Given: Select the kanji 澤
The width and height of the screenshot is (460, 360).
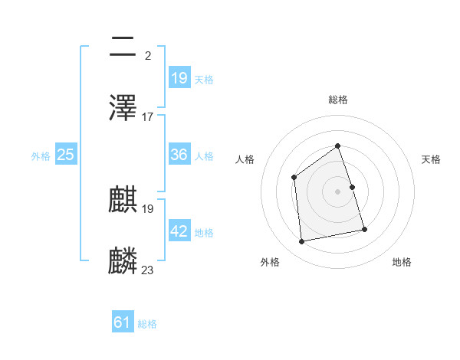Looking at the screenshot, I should click(x=123, y=106).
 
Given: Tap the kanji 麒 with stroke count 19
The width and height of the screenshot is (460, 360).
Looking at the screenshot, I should click(x=123, y=200).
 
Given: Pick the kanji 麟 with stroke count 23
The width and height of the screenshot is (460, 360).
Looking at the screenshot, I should click(x=123, y=260).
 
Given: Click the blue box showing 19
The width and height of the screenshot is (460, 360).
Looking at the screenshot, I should click(x=179, y=78).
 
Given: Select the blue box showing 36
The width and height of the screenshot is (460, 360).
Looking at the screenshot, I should click(x=179, y=155).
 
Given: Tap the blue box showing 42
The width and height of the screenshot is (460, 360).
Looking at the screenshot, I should click(x=179, y=231).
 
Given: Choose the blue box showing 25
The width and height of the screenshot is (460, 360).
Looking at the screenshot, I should click(x=66, y=155).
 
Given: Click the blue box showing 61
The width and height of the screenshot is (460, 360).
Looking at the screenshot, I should click(x=123, y=323).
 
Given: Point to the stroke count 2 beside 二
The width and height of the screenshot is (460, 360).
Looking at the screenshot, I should click(x=147, y=55).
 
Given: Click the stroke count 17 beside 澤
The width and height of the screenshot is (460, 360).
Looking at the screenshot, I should click(x=147, y=116).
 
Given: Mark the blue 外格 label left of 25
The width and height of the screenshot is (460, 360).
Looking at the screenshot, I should click(x=41, y=155).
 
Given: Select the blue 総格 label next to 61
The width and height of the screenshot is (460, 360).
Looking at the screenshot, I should click(x=147, y=324).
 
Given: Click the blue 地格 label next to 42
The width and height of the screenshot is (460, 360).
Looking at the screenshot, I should click(x=204, y=232).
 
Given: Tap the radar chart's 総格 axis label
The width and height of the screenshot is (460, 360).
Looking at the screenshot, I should click(x=337, y=100).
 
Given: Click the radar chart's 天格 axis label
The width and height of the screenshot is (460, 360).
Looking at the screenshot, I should click(x=432, y=159).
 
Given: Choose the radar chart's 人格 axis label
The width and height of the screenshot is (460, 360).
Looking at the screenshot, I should click(x=245, y=159).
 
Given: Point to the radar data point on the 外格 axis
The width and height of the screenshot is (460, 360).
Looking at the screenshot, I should click(x=302, y=242).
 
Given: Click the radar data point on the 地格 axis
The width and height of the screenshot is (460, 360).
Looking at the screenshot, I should click(x=364, y=229).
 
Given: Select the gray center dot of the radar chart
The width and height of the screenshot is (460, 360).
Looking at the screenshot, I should click(x=337, y=191).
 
